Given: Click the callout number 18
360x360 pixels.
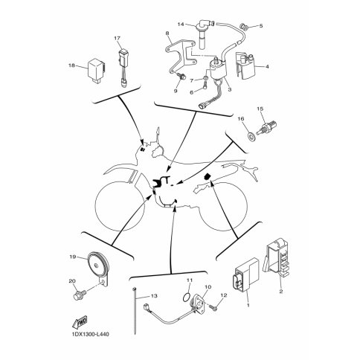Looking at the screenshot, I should (72, 66).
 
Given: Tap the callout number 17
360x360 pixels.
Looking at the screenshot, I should (117, 38).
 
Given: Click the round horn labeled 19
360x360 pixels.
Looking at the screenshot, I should (95, 263).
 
